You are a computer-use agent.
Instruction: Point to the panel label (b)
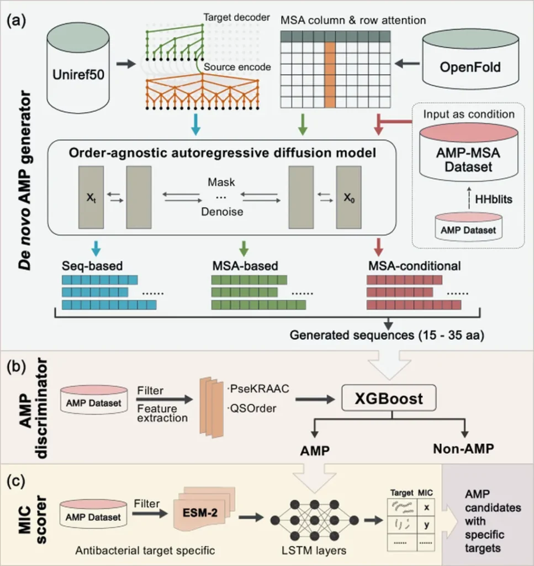(x=19, y=366)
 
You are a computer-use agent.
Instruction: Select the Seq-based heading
(x=92, y=265)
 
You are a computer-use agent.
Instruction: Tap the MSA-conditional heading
(x=414, y=265)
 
